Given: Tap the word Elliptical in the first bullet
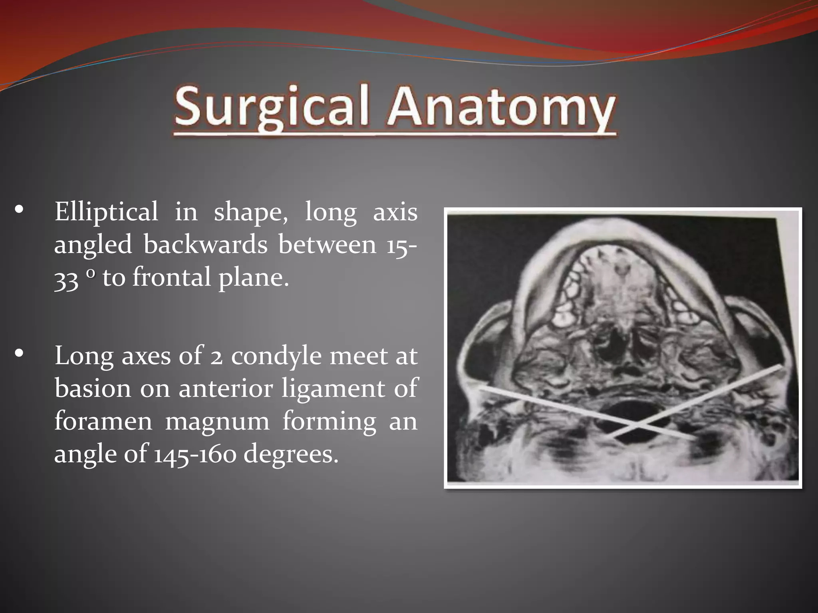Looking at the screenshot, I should coord(106,212).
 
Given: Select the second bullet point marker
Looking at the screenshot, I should coord(19,353).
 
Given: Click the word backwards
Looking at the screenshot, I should coord(205,244).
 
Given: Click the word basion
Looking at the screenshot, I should coord(93,388).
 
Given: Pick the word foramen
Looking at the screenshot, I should coord(103,421).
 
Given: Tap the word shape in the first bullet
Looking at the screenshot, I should coord(250,212).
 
